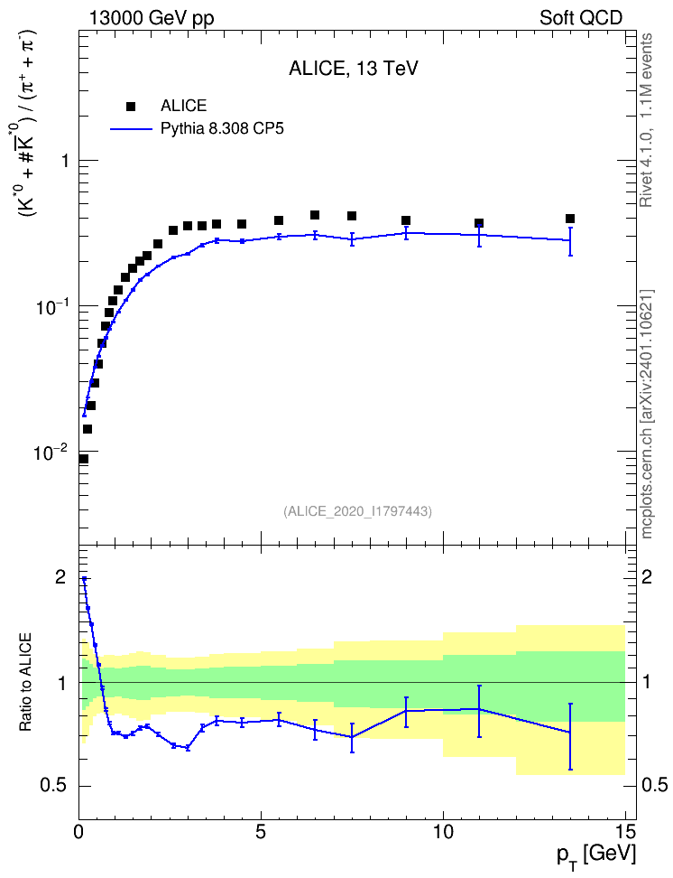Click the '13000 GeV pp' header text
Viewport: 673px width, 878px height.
pyautogui.click(x=151, y=18)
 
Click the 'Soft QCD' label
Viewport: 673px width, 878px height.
pyautogui.click(x=581, y=18)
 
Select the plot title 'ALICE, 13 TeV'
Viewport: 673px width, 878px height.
pyautogui.click(x=354, y=69)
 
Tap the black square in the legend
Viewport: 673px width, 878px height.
pyautogui.click(x=131, y=107)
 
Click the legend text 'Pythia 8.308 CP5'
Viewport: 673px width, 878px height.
pyautogui.click(x=222, y=129)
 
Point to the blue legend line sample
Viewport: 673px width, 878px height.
pyautogui.click(x=132, y=129)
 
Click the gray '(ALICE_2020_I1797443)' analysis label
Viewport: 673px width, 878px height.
pyautogui.click(x=357, y=511)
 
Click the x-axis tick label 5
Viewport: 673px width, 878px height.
pyautogui.click(x=261, y=832)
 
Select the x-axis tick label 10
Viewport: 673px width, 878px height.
pyautogui.click(x=443, y=832)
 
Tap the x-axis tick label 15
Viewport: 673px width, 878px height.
pyautogui.click(x=625, y=832)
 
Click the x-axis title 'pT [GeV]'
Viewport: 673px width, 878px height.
pyautogui.click(x=596, y=856)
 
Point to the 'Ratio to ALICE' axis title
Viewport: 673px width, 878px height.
pyautogui.click(x=26, y=683)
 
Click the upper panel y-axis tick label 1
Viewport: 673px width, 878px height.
pyautogui.click(x=65, y=161)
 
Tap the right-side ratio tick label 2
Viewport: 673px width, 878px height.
pyautogui.click(x=647, y=576)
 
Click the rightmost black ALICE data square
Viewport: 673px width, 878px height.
pyautogui.click(x=570, y=219)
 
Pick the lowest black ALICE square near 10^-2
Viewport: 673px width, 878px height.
pyautogui.click(x=83, y=459)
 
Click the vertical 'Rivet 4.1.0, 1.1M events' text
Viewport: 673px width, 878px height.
pyautogui.click(x=647, y=120)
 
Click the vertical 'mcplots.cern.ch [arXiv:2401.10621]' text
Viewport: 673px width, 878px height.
pyautogui.click(x=647, y=415)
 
